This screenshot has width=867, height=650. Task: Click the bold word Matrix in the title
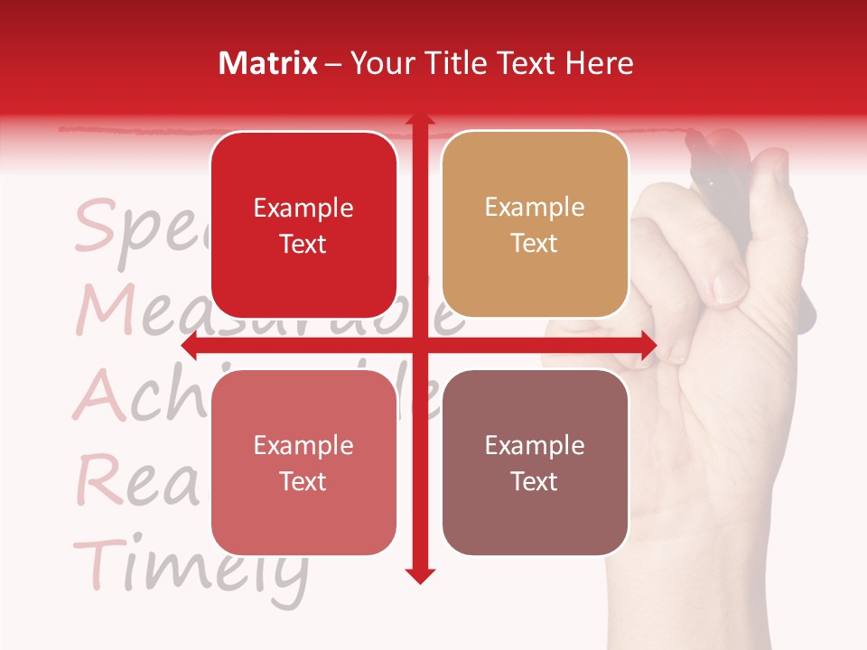[267, 63]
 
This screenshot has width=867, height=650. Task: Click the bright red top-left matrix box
[303, 226]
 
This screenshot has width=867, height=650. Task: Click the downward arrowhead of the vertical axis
[419, 575]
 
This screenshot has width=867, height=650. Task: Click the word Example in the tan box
[535, 208]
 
